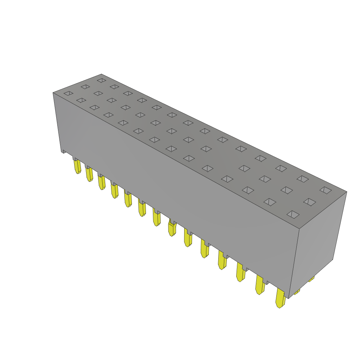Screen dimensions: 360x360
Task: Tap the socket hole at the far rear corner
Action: click(102, 81)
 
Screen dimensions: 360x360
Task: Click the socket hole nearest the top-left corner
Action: click(69, 93)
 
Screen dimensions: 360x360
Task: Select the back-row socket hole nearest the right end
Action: click(326, 190)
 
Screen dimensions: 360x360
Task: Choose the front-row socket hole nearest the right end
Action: click(293, 214)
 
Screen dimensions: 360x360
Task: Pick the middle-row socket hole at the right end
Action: click(310, 202)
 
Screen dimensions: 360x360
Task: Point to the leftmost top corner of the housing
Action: click(53, 93)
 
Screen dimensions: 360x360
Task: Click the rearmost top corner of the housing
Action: click(101, 75)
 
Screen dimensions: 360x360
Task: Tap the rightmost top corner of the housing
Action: click(346, 192)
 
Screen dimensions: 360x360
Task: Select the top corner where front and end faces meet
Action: click(299, 229)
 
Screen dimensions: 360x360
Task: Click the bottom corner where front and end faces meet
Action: click(289, 298)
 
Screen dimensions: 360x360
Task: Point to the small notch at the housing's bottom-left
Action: click(64, 152)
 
